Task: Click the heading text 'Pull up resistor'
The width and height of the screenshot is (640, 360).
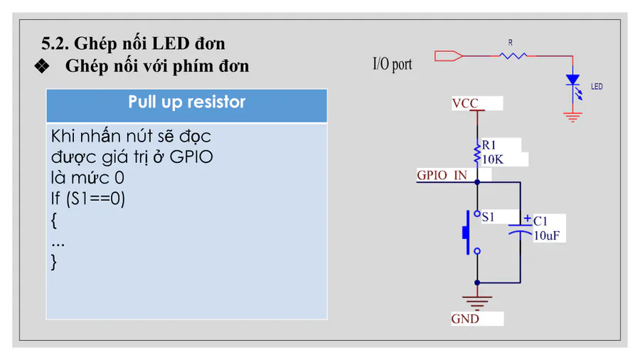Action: coord(186,102)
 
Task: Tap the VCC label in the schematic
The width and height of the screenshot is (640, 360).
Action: coord(465,104)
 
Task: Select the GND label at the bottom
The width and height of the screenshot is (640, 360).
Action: coord(465,319)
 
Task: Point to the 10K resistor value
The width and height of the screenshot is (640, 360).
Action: coord(493,159)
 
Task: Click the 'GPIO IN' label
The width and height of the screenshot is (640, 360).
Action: coord(442,175)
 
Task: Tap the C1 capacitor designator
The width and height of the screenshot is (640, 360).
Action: coord(540,221)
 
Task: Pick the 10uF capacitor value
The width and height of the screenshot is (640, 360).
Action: coord(550,235)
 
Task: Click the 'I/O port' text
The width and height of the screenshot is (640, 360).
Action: coord(392,64)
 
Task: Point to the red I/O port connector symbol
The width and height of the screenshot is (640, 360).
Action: coord(448,54)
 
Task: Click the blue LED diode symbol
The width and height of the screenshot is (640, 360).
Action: coord(572,81)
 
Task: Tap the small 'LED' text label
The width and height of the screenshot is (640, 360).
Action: coord(597,87)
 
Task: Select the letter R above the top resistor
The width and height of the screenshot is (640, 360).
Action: coord(510,43)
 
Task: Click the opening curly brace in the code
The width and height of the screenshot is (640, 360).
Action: coord(54,221)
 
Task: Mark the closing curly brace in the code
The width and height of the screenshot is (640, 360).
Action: coord(54,262)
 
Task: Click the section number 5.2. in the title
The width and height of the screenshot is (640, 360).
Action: coord(54,43)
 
